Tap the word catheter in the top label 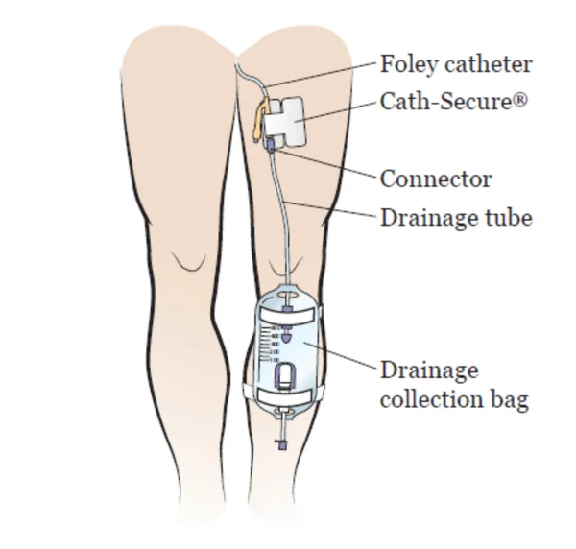coord(489,64)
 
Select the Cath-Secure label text coord(454,101)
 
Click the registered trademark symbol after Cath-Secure coord(520,99)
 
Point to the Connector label coord(436,179)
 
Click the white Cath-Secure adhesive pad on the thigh coord(285,122)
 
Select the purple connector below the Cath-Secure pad coord(271,144)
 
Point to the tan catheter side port coord(258,120)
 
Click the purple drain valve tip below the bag coord(282,445)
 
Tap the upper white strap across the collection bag coord(286,316)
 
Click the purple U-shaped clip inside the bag coord(284,375)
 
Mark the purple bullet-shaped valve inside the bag coord(286,335)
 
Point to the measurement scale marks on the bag coord(269,345)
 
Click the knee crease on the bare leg coord(189,262)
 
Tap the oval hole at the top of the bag coord(287,295)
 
